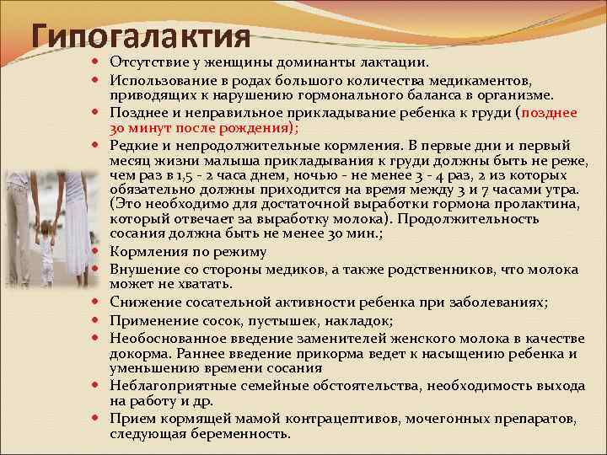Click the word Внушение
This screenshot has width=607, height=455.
(x=143, y=269)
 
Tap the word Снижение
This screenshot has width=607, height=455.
(x=142, y=302)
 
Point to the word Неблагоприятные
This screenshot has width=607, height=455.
(x=169, y=385)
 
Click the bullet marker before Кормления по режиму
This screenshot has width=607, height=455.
(x=99, y=252)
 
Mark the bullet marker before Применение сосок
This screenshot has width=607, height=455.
(x=99, y=319)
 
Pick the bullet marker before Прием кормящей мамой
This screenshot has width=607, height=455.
(x=99, y=419)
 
